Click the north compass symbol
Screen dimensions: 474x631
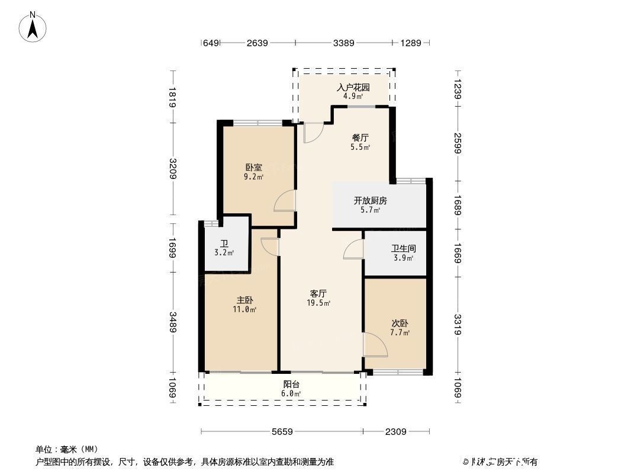pos(34,26)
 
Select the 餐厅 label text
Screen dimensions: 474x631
pos(360,137)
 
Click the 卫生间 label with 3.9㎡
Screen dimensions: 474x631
pos(403,249)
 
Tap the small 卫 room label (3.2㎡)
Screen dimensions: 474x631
pos(224,244)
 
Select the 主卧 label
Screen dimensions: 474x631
pos(245,300)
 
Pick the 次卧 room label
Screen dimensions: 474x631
pos(400,324)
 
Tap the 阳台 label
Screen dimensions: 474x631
pos(291,384)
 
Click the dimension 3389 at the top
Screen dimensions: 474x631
pos(343,43)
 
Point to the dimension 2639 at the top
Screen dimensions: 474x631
pos(257,43)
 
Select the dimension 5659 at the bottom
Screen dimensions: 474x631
pos(282,432)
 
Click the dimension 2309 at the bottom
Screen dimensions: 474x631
pos(395,432)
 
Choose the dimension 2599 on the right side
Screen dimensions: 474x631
pos(458,143)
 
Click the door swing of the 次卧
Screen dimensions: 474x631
pos(374,344)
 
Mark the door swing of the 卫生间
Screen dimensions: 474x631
pos(354,249)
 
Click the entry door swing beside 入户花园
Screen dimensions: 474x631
pos(313,133)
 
